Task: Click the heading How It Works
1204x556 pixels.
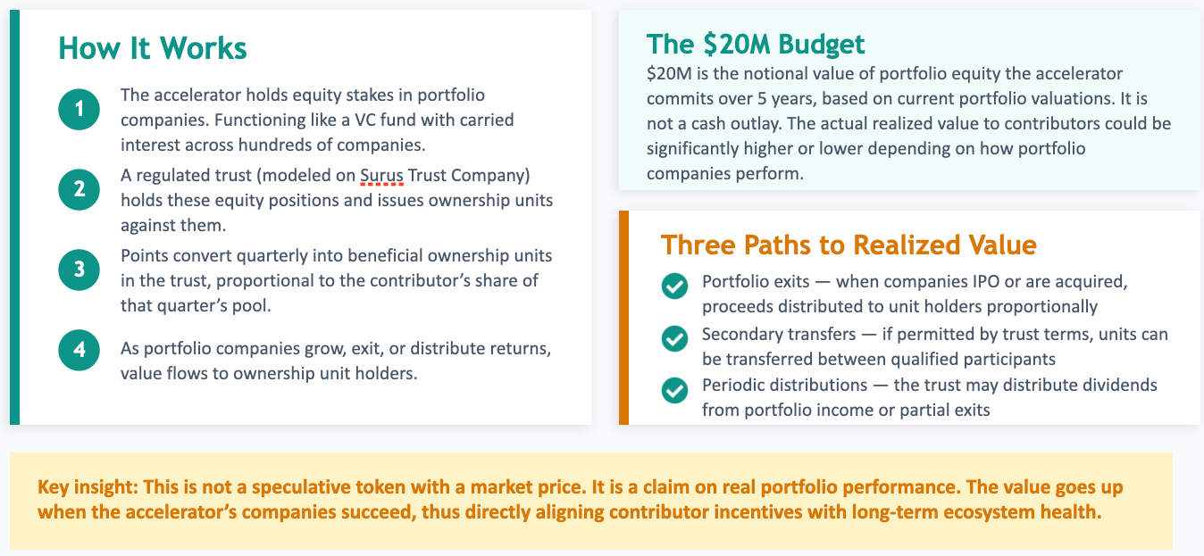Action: pyautogui.click(x=153, y=48)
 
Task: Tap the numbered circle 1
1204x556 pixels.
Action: pyautogui.click(x=79, y=109)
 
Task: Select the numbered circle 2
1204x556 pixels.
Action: pyautogui.click(x=79, y=188)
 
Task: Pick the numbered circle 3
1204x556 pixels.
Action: pyautogui.click(x=79, y=269)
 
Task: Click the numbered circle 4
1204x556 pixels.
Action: pyautogui.click(x=79, y=349)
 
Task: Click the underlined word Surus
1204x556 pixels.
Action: pyautogui.click(x=381, y=175)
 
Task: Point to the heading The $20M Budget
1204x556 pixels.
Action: pyautogui.click(x=756, y=44)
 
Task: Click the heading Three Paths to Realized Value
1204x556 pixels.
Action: pyautogui.click(x=849, y=245)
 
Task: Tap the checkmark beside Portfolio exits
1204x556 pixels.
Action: pyautogui.click(x=674, y=286)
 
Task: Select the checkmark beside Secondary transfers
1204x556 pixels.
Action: pyautogui.click(x=674, y=338)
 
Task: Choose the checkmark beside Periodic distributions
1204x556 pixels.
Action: pyautogui.click(x=674, y=390)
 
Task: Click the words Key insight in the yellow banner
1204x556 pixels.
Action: pyautogui.click(x=80, y=488)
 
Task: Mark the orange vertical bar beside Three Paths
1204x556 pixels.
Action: pyautogui.click(x=623, y=317)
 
